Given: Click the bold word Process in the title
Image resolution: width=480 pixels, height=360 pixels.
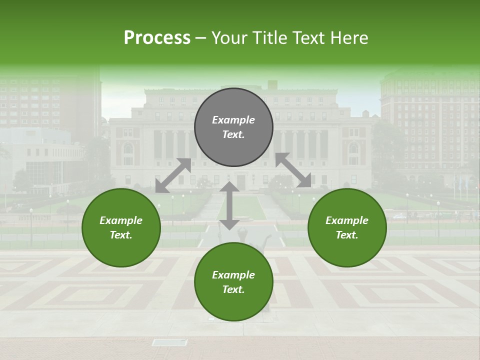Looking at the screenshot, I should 157,38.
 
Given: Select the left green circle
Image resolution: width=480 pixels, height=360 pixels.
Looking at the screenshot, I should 121,227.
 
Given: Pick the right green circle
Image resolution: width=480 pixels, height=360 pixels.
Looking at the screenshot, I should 347,227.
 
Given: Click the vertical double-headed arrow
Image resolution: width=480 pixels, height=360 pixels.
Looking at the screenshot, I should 229,205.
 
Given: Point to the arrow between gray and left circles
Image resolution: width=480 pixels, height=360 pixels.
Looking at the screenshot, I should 173,175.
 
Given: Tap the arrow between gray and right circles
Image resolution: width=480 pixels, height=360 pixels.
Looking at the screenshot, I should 293,170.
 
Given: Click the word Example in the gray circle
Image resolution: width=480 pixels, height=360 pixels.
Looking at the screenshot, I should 233,120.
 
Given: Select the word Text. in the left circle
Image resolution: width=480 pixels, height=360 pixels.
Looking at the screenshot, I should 121,235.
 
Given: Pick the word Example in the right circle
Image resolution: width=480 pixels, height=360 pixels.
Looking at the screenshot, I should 347,220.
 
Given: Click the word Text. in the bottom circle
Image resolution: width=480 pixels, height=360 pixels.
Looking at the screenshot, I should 233,289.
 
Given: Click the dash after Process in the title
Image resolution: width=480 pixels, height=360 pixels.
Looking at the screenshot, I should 200,38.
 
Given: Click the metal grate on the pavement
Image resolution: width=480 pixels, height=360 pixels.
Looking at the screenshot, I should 169,342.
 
